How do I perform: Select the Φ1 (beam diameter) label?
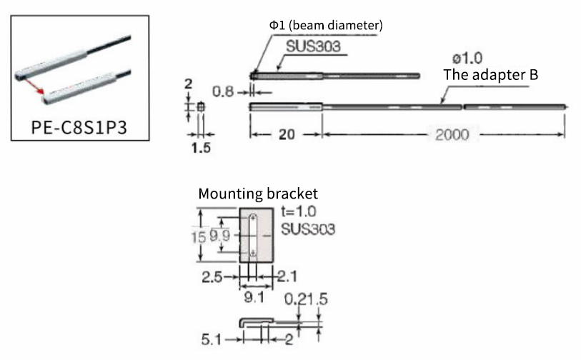click(x=326, y=25)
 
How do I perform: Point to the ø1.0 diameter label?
click(x=467, y=58)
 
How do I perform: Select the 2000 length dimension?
click(x=452, y=135)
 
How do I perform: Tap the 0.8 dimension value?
click(x=224, y=91)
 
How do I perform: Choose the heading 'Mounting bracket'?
click(x=257, y=194)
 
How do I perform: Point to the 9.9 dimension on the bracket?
click(x=219, y=234)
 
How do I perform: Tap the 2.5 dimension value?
click(x=212, y=275)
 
